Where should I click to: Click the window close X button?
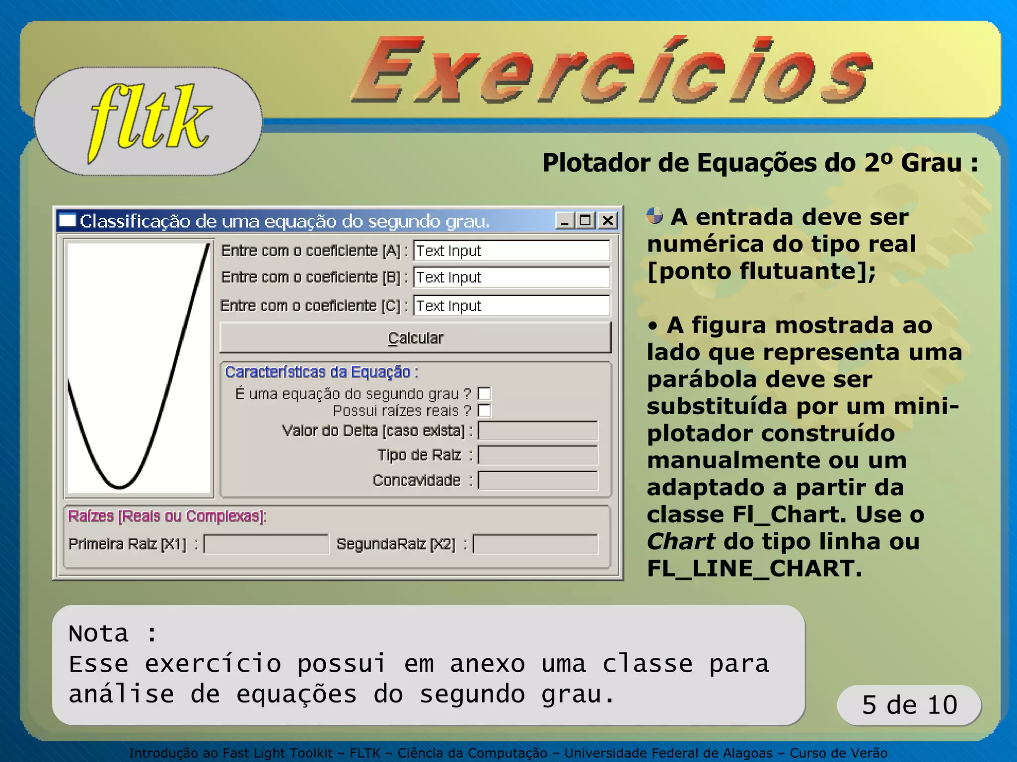[x=608, y=220]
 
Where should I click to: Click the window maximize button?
[x=585, y=220]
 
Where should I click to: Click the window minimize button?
[x=565, y=220]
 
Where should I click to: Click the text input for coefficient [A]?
[x=511, y=251]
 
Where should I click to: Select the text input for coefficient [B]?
[x=511, y=277]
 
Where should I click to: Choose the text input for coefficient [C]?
[x=511, y=306]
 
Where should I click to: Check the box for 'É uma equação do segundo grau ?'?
[x=484, y=394]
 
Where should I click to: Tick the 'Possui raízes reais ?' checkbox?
[x=484, y=411]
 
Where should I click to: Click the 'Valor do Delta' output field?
[x=538, y=431]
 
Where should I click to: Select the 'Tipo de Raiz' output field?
[x=538, y=455]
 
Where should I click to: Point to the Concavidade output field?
[x=538, y=480]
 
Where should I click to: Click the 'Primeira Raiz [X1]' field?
[x=266, y=544]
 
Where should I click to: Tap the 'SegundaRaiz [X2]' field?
[x=535, y=544]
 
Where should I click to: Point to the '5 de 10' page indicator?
[x=909, y=705]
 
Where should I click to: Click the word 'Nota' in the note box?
[x=99, y=634]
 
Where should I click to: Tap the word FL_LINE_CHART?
[x=754, y=569]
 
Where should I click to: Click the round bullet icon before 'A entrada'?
[x=654, y=216]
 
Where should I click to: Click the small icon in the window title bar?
[x=68, y=220]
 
